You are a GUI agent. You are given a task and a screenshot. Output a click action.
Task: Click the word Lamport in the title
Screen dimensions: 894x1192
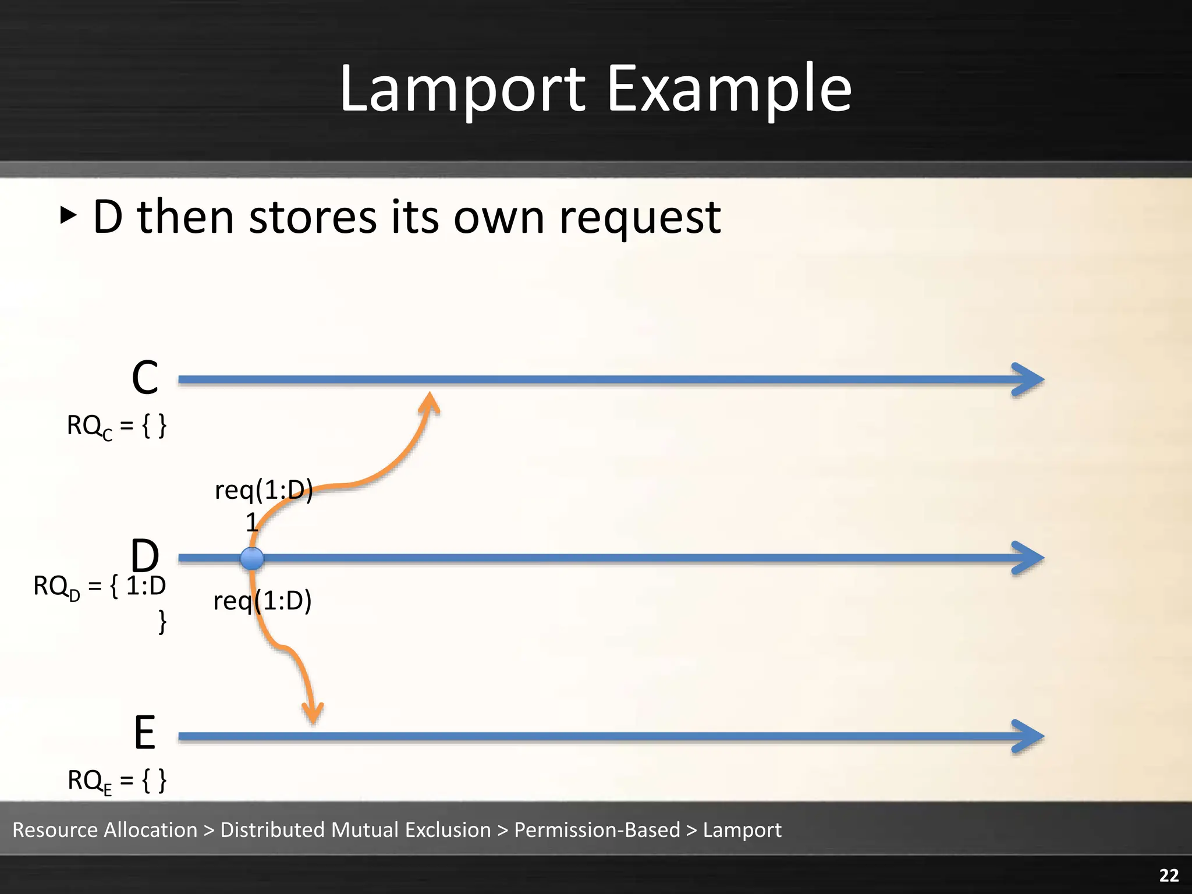click(x=463, y=90)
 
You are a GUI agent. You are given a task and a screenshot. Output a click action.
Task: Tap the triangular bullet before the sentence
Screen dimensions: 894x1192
click(x=68, y=215)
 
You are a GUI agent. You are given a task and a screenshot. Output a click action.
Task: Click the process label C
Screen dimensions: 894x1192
click(x=145, y=378)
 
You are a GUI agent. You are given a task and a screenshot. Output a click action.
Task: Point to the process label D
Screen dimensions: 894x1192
click(x=144, y=555)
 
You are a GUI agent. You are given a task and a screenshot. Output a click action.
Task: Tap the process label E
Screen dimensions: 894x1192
click(x=144, y=733)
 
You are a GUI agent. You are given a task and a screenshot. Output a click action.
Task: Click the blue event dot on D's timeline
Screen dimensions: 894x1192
click(x=252, y=559)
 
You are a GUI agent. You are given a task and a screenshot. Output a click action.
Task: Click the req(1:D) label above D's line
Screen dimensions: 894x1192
click(x=264, y=490)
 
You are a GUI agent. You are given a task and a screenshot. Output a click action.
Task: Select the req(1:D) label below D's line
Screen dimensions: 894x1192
click(x=262, y=601)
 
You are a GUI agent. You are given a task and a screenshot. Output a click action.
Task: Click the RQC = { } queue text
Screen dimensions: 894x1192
click(x=116, y=426)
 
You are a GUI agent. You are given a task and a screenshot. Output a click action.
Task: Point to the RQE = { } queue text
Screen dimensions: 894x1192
click(x=116, y=781)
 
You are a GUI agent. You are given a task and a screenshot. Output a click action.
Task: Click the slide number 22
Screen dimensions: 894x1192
click(x=1169, y=875)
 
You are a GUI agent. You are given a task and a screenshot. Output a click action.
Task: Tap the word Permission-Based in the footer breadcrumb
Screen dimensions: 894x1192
click(x=597, y=830)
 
